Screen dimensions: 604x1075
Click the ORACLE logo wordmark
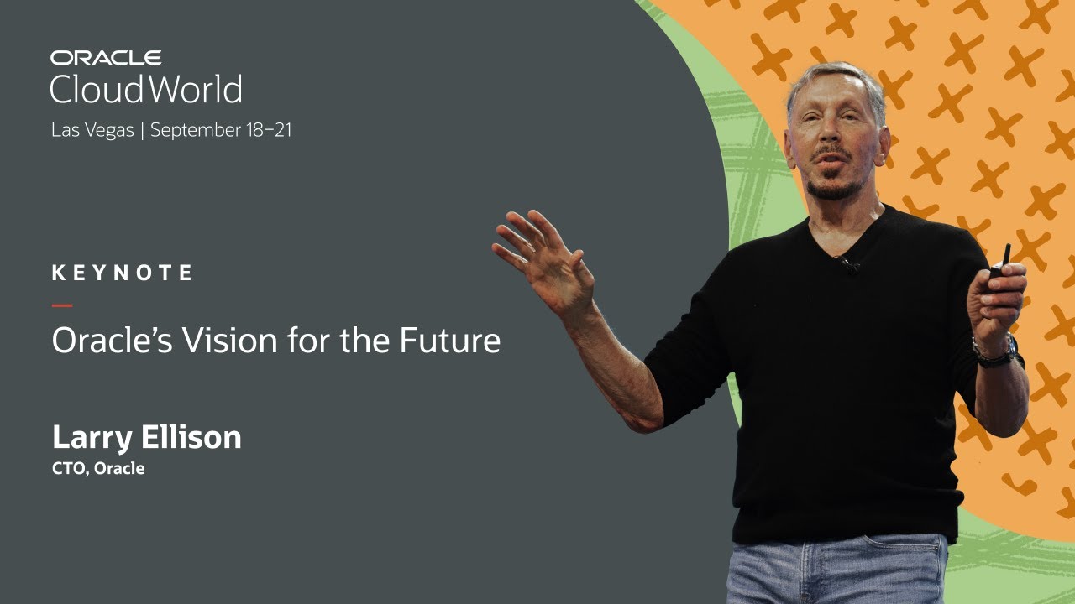click(x=105, y=58)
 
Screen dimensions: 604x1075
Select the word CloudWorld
click(x=146, y=89)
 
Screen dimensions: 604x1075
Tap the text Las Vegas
click(x=92, y=130)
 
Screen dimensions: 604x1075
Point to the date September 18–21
click(x=221, y=130)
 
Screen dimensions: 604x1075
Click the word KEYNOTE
click(x=122, y=273)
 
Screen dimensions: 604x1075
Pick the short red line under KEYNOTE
click(x=62, y=305)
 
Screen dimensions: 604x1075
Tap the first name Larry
click(x=88, y=438)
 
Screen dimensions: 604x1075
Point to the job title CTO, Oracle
click(x=98, y=469)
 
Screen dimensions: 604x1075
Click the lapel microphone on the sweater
click(x=849, y=266)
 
